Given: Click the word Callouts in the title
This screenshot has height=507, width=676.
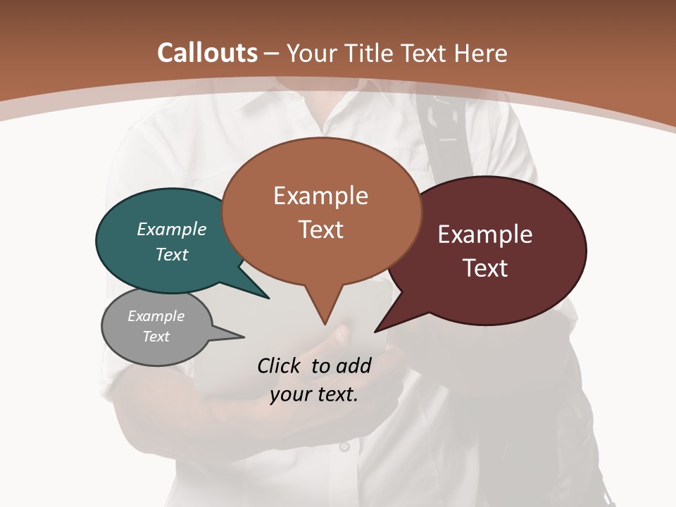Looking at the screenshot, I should point(207,53).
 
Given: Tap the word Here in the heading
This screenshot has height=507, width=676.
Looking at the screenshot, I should point(481,53).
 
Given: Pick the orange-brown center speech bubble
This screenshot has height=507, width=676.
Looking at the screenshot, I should point(321,211).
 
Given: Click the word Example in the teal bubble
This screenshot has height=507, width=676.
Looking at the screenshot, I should point(172,230).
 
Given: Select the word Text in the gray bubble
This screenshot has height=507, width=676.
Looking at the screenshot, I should point(156,337).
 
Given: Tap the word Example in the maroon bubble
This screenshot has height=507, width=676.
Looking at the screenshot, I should point(485,234).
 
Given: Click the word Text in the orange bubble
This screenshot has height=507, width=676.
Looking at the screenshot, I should point(321,230).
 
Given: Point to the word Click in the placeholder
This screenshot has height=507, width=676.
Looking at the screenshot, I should point(281,365).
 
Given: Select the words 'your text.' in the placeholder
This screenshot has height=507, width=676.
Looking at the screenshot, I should point(314,394).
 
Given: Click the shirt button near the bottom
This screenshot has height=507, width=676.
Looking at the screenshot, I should point(344,446).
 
